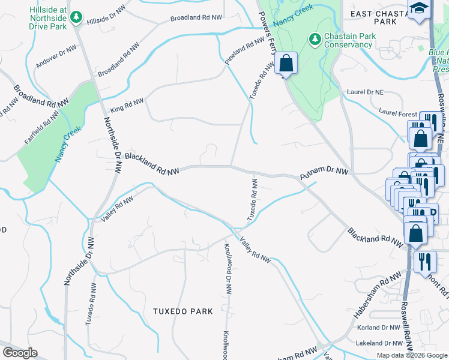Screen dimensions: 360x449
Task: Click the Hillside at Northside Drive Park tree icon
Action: (76, 17)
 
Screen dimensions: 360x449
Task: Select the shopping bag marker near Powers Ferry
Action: (286, 64)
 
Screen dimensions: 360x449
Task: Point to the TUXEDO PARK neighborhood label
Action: (183, 311)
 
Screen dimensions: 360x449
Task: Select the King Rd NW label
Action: (127, 106)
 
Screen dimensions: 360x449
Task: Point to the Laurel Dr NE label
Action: (365, 92)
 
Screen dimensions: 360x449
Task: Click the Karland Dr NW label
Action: (377, 328)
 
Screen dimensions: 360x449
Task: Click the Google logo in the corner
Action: (19, 353)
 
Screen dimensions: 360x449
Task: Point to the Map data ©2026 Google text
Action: (411, 355)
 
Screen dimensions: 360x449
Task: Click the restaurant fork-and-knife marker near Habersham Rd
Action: (424, 262)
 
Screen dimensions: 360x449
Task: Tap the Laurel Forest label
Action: (398, 112)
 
